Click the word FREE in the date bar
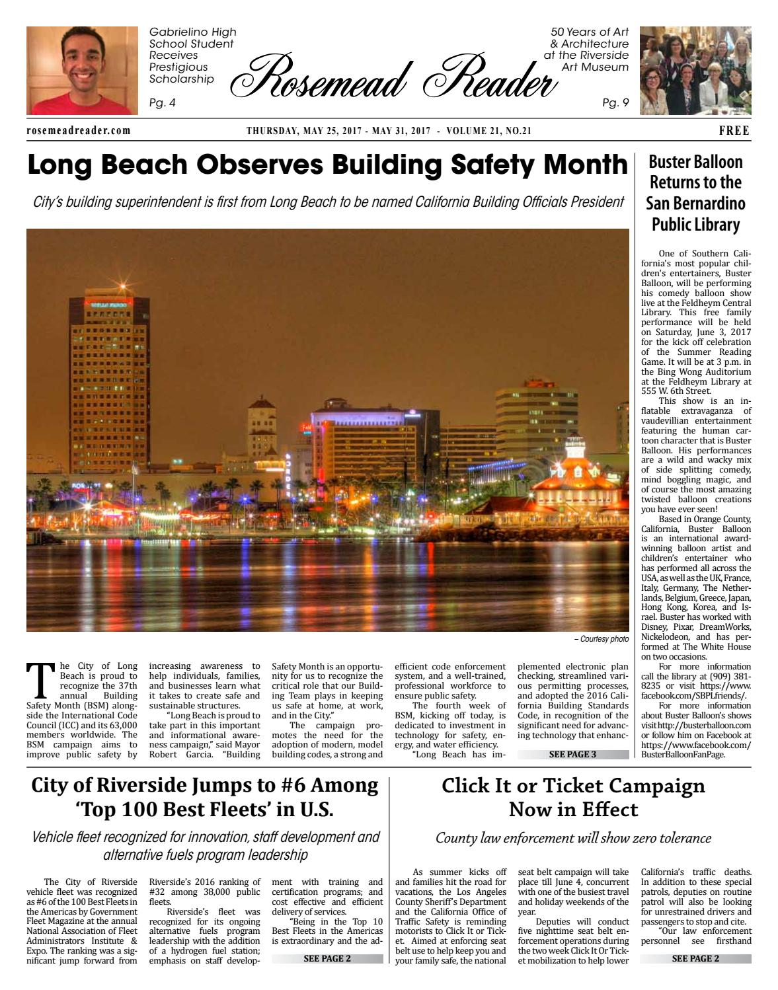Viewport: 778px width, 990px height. click(x=734, y=131)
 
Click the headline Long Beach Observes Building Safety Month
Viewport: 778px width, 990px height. click(x=327, y=165)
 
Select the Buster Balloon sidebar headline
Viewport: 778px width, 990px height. click(x=695, y=193)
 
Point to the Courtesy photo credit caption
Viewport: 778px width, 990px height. click(x=601, y=640)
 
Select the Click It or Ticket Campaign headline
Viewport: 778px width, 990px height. click(x=573, y=798)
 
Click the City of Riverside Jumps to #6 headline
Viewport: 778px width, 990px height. click(x=205, y=798)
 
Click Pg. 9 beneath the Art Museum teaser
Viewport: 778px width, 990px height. click(x=615, y=102)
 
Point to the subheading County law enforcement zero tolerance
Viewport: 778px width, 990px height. click(x=573, y=838)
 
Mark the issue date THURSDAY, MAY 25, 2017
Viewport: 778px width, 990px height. click(x=303, y=131)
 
